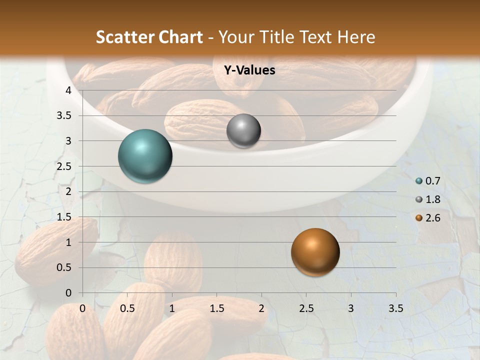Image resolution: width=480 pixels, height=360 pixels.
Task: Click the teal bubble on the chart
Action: [145, 156]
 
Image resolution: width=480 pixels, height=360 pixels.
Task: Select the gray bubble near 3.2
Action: [243, 130]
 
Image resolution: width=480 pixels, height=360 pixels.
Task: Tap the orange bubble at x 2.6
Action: [315, 252]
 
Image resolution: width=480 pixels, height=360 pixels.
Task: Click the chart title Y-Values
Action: [249, 70]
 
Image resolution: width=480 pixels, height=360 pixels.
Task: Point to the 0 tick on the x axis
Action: [83, 308]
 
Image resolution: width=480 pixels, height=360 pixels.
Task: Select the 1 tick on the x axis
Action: [172, 308]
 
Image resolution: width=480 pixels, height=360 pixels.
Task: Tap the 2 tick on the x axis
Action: [261, 308]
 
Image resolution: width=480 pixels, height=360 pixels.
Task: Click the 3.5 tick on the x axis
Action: [395, 308]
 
